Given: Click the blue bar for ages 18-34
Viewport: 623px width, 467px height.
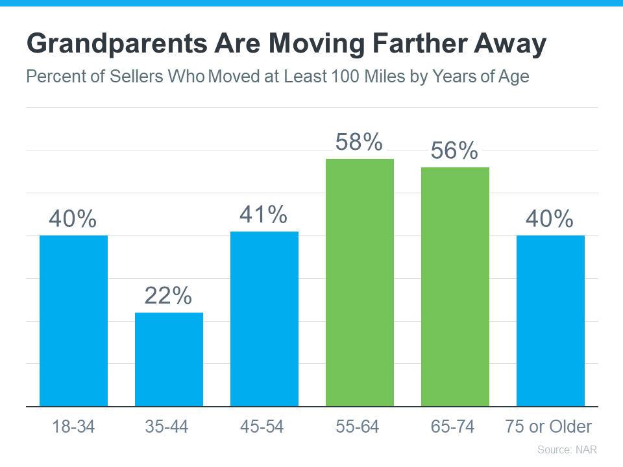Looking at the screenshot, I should [73, 320].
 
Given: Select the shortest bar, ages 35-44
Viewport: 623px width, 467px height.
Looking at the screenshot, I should [169, 359].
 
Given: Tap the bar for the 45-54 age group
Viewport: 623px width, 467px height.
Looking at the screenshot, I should [264, 318].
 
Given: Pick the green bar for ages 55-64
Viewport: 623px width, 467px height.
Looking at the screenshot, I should [360, 282].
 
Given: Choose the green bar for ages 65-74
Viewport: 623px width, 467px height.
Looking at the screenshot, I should [455, 287].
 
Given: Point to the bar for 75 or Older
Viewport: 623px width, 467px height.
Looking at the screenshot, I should [550, 320].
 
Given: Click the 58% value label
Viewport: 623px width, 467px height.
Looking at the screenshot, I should [359, 142].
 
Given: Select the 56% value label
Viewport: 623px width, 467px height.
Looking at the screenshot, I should [454, 150].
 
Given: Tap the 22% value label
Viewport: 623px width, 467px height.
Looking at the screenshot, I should [168, 296].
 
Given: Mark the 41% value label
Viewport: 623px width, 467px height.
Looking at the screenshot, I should [263, 215].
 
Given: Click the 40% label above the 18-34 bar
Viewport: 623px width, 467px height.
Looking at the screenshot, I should [73, 219].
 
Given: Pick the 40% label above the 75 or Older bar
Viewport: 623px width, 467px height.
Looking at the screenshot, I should [550, 219].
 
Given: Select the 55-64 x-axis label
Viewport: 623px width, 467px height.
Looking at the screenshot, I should [358, 426].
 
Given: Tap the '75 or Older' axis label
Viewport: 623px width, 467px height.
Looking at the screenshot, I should [548, 426].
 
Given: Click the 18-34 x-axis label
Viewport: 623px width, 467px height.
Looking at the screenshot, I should [73, 426].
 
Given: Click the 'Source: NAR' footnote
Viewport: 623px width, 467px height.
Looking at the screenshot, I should [567, 449].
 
